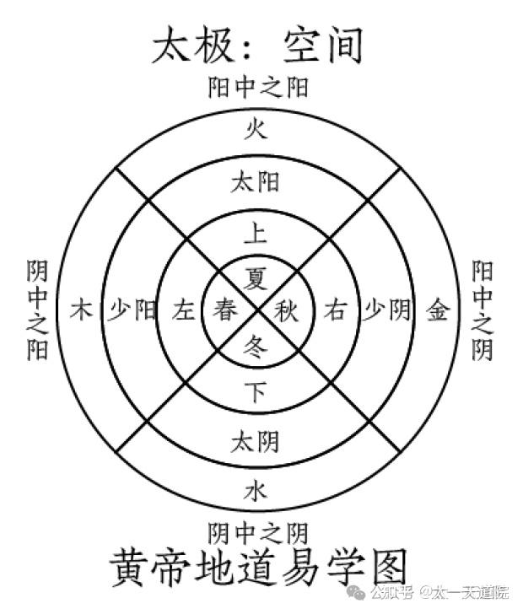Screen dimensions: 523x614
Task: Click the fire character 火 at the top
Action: pyautogui.click(x=256, y=129)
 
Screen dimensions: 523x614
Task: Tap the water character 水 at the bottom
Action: pyautogui.click(x=256, y=491)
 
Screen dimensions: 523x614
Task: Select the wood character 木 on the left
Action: pyautogui.click(x=82, y=310)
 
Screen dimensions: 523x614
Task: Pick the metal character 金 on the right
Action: pyautogui.click(x=437, y=310)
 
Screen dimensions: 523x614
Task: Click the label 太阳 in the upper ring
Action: pyautogui.click(x=256, y=182)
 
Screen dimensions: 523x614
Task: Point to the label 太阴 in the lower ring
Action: pyautogui.click(x=256, y=442)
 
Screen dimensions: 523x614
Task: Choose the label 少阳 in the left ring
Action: pyautogui.click(x=132, y=310)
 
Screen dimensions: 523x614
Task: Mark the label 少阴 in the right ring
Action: pyautogui.click(x=387, y=310)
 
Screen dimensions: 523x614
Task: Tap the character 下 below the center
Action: pyautogui.click(x=256, y=391)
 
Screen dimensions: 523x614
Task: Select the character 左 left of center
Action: pyautogui.click(x=184, y=310)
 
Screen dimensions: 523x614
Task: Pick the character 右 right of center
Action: pyautogui.click(x=336, y=310)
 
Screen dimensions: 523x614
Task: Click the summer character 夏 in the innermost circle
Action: pyautogui.click(x=256, y=278)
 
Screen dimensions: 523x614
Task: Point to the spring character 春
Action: pyautogui.click(x=225, y=310)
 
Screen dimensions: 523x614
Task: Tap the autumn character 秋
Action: pyautogui.click(x=286, y=310)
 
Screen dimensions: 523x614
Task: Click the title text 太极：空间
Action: pyautogui.click(x=257, y=45)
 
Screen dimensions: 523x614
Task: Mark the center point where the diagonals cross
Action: pyautogui.click(x=258, y=310)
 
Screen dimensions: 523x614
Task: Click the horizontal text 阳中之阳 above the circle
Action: pyautogui.click(x=257, y=87)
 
